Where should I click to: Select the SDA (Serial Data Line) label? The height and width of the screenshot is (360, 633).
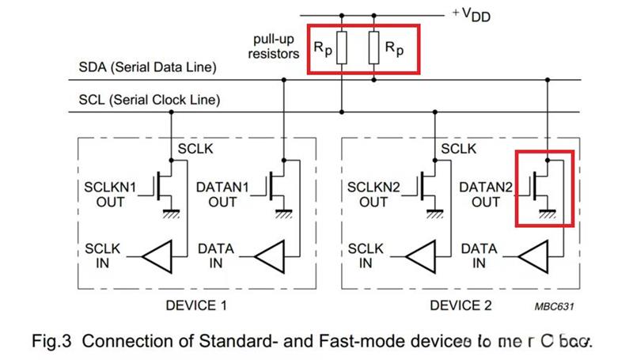tap(148, 68)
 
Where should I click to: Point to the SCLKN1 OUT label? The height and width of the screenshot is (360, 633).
tap(112, 195)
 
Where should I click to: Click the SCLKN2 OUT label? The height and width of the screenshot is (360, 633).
tap(376, 195)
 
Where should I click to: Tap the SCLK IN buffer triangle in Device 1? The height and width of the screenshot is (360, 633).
tap(158, 256)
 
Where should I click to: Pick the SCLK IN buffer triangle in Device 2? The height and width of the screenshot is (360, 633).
tap(422, 256)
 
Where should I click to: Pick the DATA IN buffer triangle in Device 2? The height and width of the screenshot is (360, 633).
tap(532, 256)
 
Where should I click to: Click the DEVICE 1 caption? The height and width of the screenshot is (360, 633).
tap(197, 304)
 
